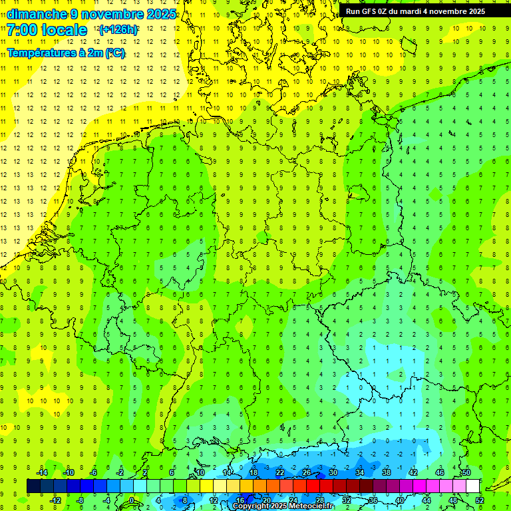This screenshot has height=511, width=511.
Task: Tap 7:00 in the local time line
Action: pyautogui.click(x=23, y=30)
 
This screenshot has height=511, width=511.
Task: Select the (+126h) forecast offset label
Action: pyautogui.click(x=118, y=30)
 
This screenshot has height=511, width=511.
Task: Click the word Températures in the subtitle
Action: pyautogui.click(x=39, y=53)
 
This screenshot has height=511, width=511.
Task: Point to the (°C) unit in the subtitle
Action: pyautogui.click(x=114, y=53)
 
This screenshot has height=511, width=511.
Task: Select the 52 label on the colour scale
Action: pyautogui.click(x=480, y=500)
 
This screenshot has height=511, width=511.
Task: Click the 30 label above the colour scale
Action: pyautogui.click(x=333, y=472)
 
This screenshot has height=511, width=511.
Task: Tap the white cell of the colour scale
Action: pyautogui.click(x=473, y=486)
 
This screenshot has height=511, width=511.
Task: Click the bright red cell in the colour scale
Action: pyautogui.click(x=313, y=486)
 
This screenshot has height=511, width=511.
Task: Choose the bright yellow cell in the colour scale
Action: pyautogui.click(x=207, y=486)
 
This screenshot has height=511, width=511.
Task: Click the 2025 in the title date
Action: pyautogui.click(x=160, y=13)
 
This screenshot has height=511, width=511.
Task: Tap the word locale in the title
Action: pyautogui.click(x=64, y=30)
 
